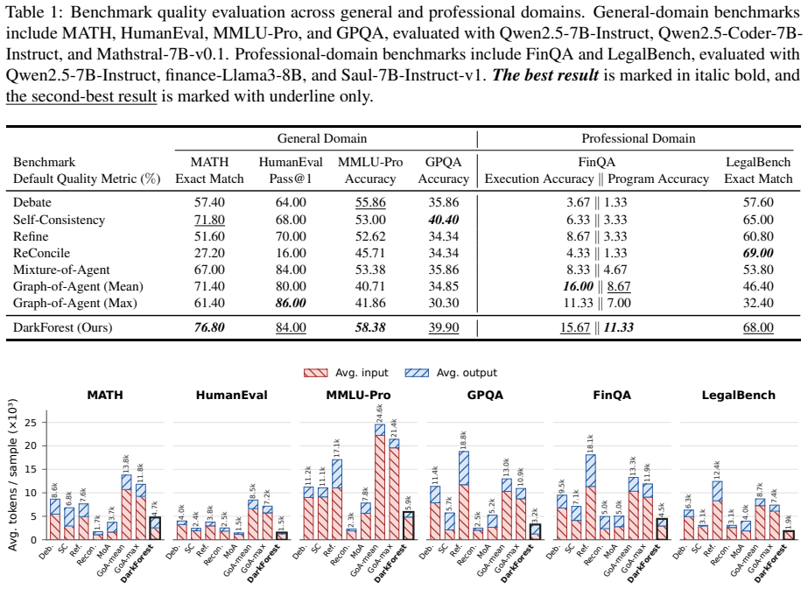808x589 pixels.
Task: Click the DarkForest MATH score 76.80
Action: coord(209,327)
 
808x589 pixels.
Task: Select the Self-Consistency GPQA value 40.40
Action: coord(443,220)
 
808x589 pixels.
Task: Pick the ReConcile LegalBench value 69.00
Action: coord(758,253)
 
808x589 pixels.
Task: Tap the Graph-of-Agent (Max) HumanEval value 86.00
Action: coord(291,303)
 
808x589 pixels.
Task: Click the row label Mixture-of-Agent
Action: coord(61,270)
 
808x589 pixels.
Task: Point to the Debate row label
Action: coord(32,202)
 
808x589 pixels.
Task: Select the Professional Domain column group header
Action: coord(638,138)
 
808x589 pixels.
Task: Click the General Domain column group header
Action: coord(322,138)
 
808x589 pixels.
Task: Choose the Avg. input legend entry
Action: coord(346,373)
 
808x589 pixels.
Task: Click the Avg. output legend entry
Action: coord(451,373)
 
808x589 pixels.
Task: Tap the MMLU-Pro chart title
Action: coord(358,396)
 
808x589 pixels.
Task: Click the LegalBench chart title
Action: coord(739,396)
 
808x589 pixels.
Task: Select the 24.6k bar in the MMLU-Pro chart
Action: coord(380,482)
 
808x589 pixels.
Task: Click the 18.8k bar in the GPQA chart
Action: coord(464,495)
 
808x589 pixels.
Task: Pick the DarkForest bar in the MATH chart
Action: coord(155,529)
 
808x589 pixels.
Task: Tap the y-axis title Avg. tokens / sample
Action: coord(13,474)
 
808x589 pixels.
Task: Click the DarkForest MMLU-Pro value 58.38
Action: coord(370,327)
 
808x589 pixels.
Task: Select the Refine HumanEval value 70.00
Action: coord(291,236)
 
